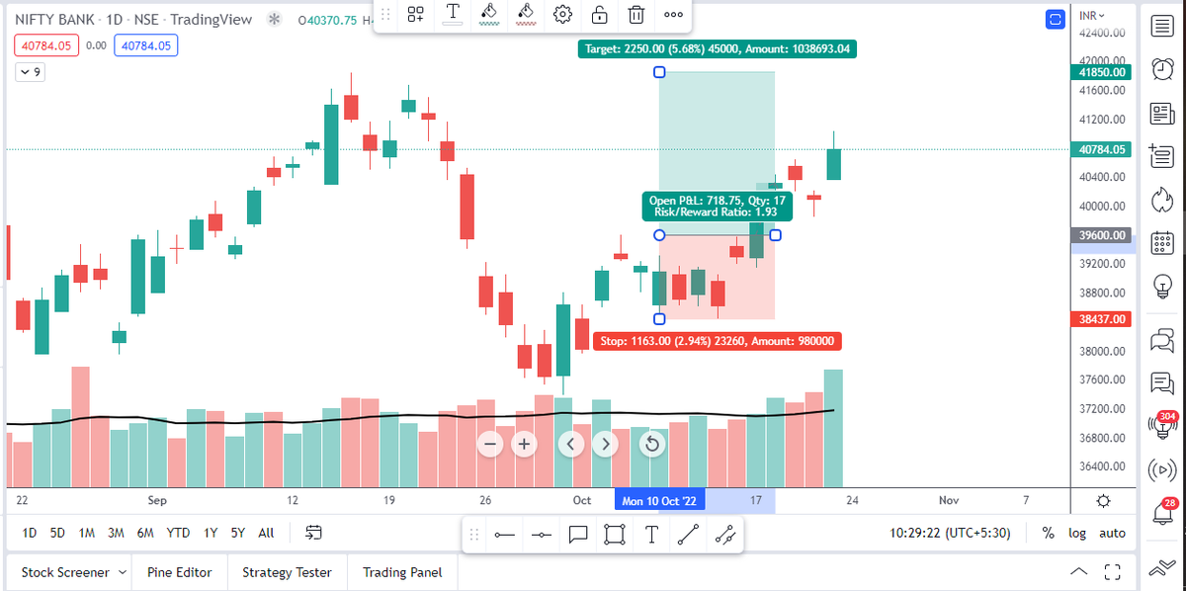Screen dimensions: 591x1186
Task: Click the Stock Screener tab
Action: click(67, 572)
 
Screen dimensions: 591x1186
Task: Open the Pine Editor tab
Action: click(179, 572)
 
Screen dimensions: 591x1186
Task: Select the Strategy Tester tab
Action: click(287, 572)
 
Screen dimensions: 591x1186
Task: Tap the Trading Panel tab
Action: click(402, 572)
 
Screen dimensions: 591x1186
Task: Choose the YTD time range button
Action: click(178, 533)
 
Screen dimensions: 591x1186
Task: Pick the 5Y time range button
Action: click(237, 533)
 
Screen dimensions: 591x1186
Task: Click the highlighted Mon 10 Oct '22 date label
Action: click(660, 501)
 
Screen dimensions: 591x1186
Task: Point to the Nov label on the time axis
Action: click(948, 501)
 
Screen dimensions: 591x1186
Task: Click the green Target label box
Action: click(718, 47)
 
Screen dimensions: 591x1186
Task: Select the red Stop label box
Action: click(718, 341)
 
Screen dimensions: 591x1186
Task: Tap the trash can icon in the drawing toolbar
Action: click(636, 14)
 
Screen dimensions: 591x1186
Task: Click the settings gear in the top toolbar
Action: click(563, 14)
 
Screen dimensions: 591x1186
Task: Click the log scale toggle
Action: click(1076, 533)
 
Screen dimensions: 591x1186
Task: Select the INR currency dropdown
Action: click(1092, 15)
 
